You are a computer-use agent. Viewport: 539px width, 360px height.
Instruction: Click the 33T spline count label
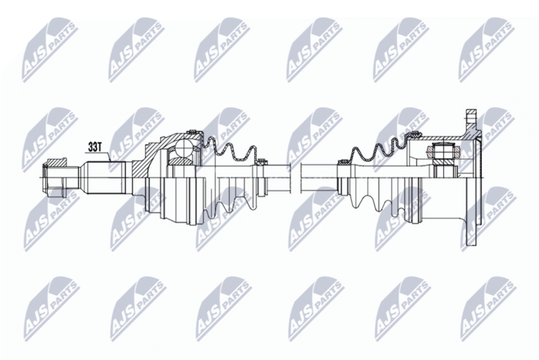94,147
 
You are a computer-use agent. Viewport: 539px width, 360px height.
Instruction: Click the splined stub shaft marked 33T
103,178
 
